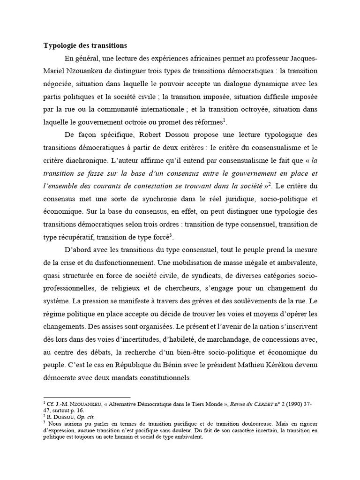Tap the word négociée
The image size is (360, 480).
pos(58,84)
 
